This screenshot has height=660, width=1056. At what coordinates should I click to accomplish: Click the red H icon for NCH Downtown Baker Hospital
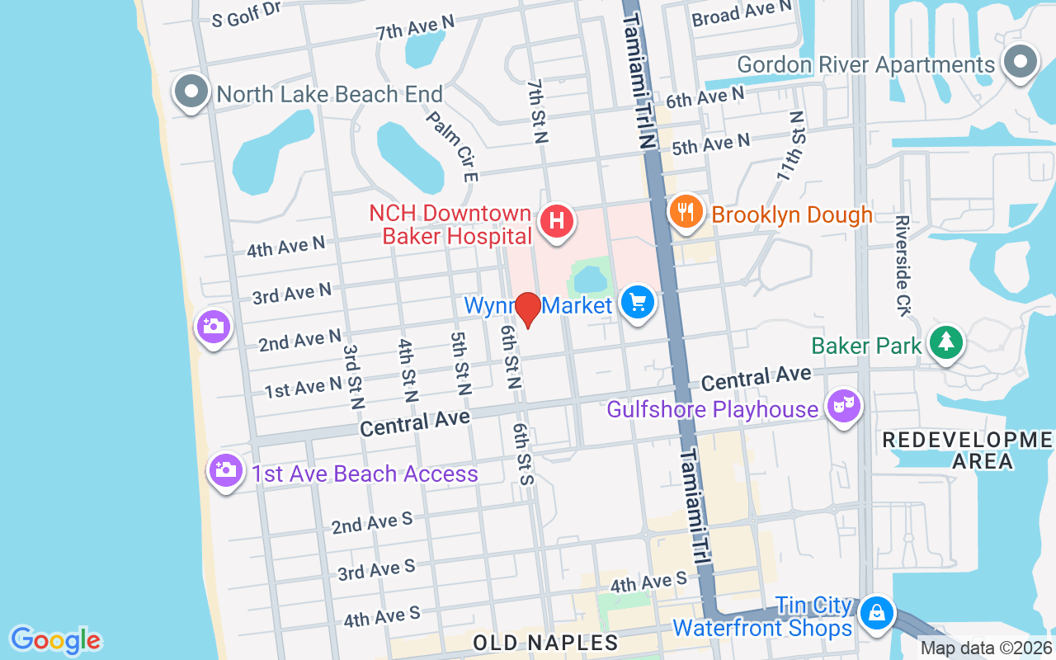557,221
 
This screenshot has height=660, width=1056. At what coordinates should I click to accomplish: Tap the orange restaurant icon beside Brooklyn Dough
685,212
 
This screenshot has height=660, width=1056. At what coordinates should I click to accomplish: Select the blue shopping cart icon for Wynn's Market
637,303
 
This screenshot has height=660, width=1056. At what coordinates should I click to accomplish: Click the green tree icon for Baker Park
946,342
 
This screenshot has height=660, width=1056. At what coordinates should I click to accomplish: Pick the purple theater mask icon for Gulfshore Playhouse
843,406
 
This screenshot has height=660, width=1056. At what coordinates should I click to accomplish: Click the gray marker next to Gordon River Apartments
1020,62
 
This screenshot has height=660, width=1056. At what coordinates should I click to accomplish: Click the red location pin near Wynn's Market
527,309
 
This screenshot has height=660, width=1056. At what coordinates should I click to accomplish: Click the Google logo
55,640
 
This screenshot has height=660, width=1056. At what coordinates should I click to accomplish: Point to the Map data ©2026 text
986,648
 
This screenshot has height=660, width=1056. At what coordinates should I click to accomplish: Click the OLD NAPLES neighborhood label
545,643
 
